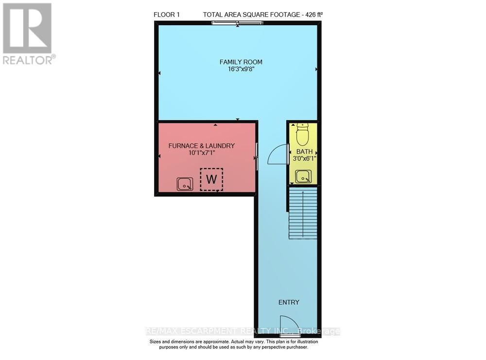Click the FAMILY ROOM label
(x=241, y=62)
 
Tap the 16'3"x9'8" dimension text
(x=241, y=69)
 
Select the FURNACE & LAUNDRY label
(x=202, y=146)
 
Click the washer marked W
(x=211, y=179)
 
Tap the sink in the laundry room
(x=185, y=184)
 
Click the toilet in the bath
(x=302, y=132)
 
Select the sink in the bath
(x=303, y=177)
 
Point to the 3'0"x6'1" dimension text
(x=304, y=158)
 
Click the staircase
(x=303, y=214)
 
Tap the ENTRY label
(x=289, y=302)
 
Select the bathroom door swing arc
(x=277, y=154)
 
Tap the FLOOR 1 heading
(x=167, y=15)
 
